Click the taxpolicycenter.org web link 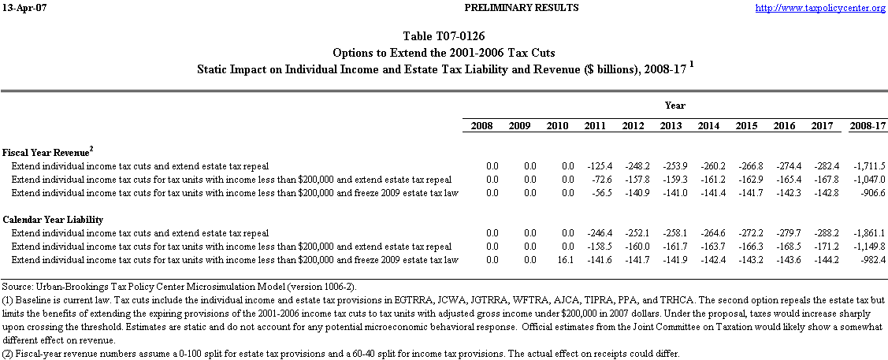(x=820, y=8)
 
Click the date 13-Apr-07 (x=20, y=8)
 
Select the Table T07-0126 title (x=444, y=36)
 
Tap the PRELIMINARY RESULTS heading (x=444, y=8)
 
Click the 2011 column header (x=596, y=126)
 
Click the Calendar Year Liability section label (x=53, y=219)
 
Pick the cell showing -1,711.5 (x=868, y=166)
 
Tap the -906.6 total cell (x=871, y=193)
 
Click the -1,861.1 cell (x=868, y=233)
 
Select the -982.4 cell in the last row (x=871, y=260)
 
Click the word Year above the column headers (x=674, y=105)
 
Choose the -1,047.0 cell (x=868, y=180)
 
